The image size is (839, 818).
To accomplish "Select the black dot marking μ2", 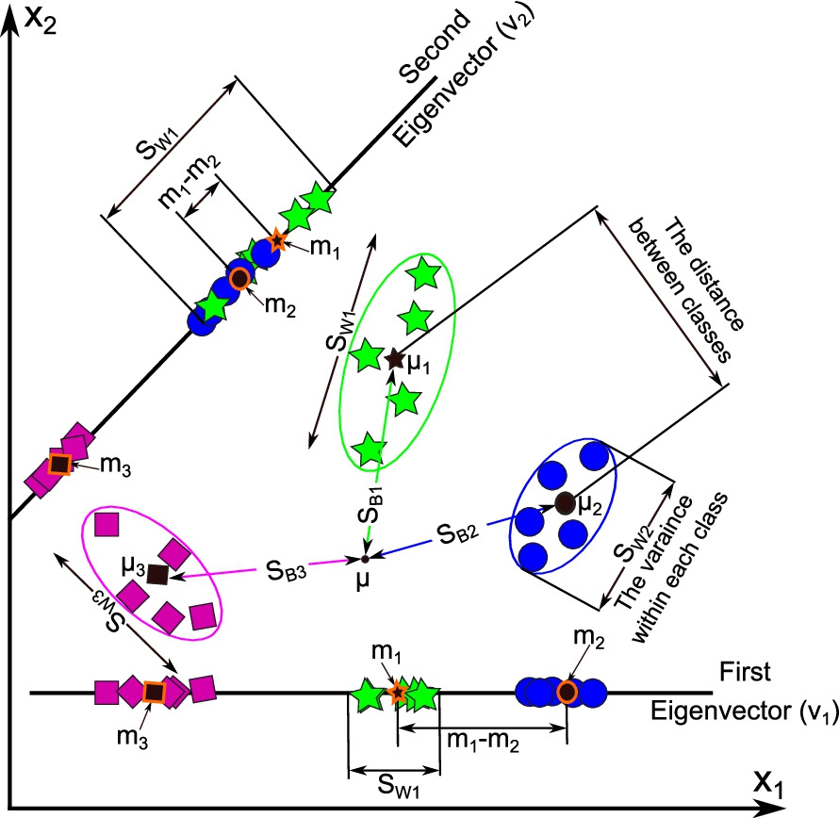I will [x=565, y=503].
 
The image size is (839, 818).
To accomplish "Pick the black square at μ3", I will [x=157, y=573].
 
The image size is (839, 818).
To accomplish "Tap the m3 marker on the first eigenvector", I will [x=153, y=693].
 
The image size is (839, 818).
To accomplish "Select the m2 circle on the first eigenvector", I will [x=568, y=693].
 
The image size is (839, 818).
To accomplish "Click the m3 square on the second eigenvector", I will [x=59, y=464].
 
